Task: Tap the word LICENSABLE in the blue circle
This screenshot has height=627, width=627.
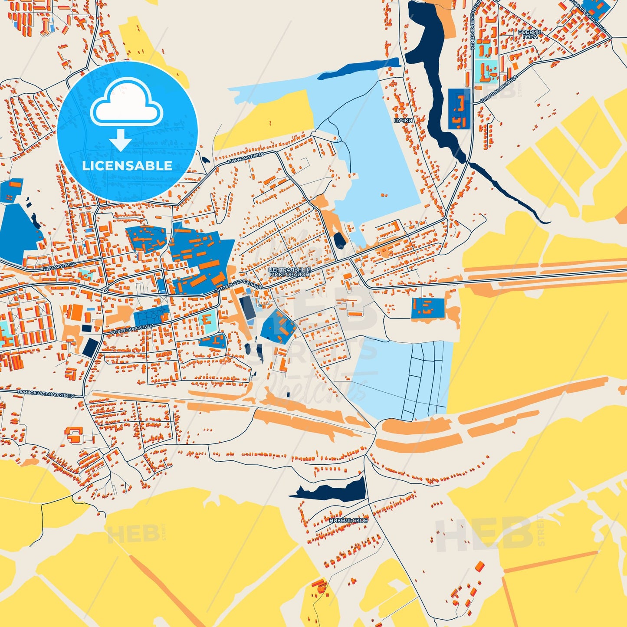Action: click(127, 166)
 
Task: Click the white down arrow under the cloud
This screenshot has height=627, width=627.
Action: click(121, 140)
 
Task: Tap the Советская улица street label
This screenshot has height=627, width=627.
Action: click(133, 329)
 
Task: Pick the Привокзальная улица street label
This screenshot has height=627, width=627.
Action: click(46, 394)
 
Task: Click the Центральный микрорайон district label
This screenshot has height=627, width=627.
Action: click(289, 272)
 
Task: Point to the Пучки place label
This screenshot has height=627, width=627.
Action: click(403, 120)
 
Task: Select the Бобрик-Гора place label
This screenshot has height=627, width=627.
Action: click(530, 35)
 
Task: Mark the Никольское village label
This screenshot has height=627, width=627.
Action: click(348, 520)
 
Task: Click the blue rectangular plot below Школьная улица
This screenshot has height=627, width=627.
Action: click(459, 109)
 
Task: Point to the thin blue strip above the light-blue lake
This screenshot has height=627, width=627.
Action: click(358, 69)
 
